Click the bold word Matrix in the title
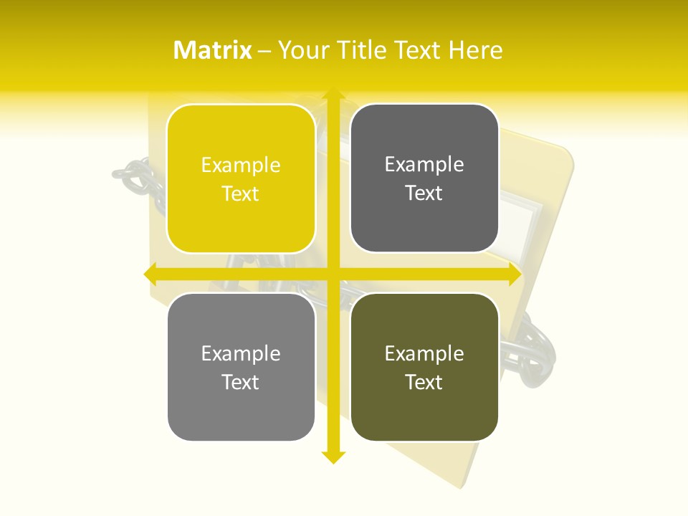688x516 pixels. pos(213,50)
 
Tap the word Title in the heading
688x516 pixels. pos(365,50)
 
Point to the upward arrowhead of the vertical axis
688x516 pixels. pos(333,95)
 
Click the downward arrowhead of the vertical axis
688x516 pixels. pos(333,457)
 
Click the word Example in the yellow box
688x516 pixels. pos(241,166)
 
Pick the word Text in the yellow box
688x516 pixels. pos(241,193)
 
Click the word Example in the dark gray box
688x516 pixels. pos(424,165)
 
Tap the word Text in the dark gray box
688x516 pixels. pos(424,193)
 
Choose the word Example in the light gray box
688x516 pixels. pos(241,354)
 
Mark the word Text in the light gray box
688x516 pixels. pos(241,382)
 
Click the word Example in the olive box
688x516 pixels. pos(424,354)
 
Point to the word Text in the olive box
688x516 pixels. pos(424,382)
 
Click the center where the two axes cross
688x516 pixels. pos(333,274)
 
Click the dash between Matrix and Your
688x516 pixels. pos(264,51)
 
